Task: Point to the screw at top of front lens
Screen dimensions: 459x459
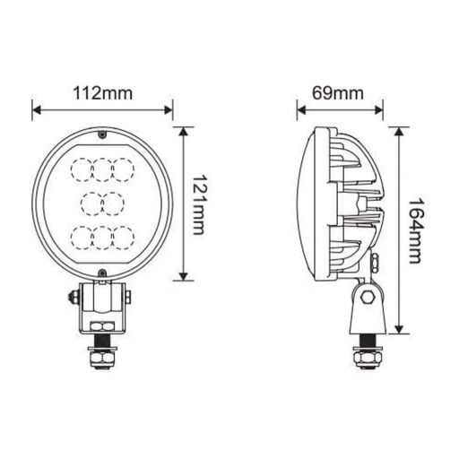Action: (x=103, y=136)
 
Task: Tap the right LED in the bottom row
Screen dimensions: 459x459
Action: (x=123, y=238)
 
